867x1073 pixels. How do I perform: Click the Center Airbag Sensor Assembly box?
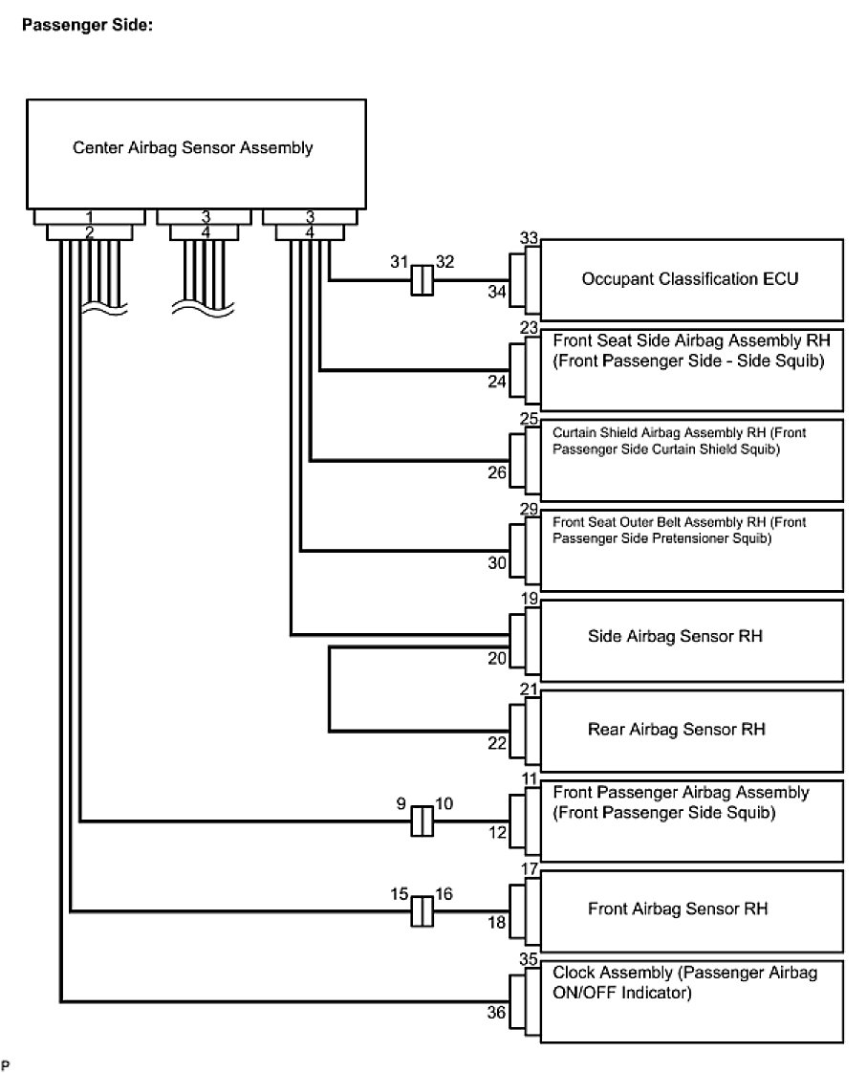click(193, 148)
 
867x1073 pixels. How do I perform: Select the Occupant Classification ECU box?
click(690, 279)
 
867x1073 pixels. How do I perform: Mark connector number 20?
click(497, 658)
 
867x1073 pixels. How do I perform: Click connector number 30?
click(497, 563)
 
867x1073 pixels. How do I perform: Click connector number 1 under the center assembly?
click(88, 217)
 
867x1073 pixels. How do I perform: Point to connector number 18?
click(497, 925)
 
